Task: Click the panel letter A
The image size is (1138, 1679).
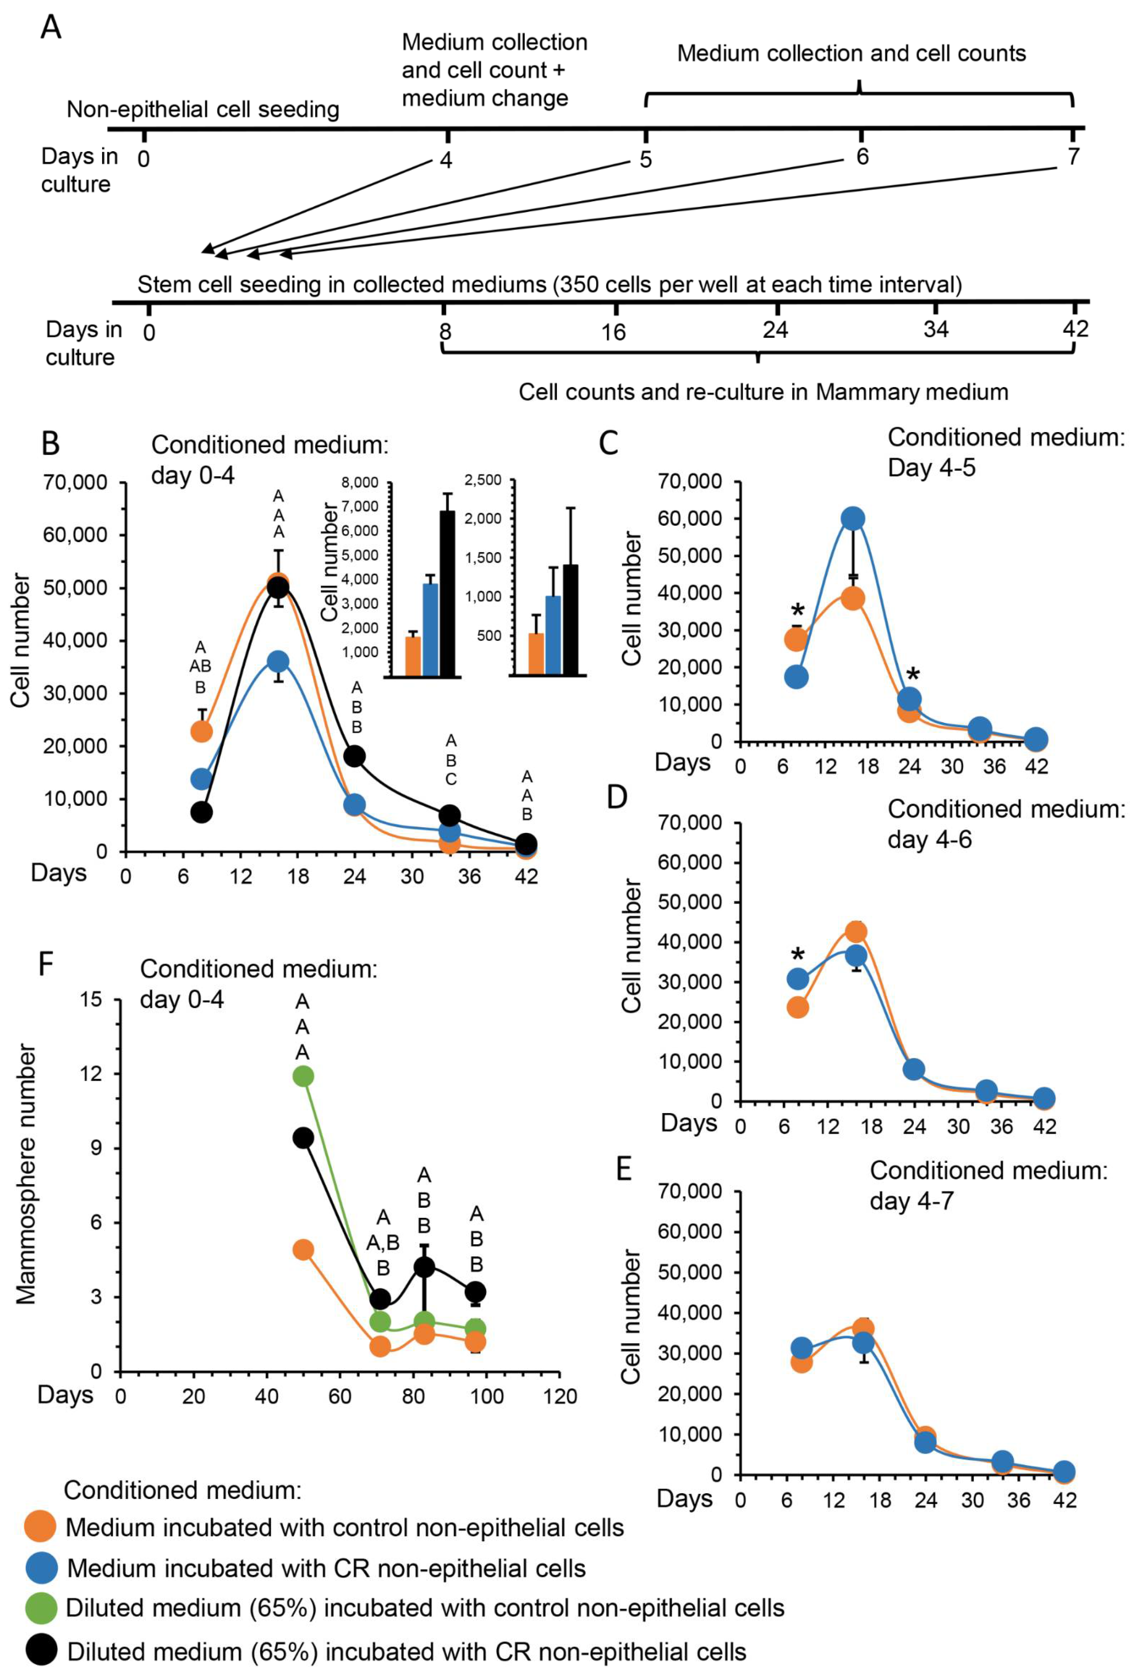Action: (x=50, y=28)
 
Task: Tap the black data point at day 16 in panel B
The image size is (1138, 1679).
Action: (x=278, y=588)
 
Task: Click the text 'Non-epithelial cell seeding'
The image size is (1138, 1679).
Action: (x=203, y=110)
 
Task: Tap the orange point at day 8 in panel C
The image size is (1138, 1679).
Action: (x=796, y=639)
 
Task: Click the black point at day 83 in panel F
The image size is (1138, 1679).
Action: (x=424, y=1267)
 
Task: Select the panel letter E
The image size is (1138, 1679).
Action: (x=624, y=1169)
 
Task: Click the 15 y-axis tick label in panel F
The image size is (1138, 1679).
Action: (x=92, y=1000)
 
